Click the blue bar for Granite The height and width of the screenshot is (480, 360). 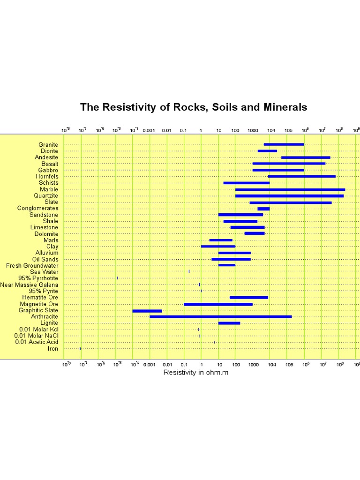[284, 144]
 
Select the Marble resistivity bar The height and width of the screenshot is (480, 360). [290, 189]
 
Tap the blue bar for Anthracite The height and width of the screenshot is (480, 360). [220, 317]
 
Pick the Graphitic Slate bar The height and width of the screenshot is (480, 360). [147, 310]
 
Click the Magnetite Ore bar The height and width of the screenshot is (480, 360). [218, 304]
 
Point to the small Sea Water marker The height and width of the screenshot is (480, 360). [189, 271]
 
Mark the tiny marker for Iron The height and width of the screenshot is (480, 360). [80, 349]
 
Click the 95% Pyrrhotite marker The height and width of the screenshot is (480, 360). [117, 278]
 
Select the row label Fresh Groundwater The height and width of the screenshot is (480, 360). [32, 265]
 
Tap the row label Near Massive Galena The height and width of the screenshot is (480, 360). [30, 285]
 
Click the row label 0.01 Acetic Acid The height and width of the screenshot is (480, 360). [37, 342]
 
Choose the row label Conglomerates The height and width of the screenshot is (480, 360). [38, 208]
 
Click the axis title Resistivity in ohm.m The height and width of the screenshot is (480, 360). [196, 373]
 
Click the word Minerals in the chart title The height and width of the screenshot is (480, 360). [285, 107]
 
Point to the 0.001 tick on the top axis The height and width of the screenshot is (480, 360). [149, 130]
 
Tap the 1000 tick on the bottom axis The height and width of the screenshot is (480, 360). [253, 364]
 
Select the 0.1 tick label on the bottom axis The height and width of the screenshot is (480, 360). [183, 364]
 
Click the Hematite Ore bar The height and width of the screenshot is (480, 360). [249, 298]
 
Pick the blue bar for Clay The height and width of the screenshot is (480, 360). [218, 247]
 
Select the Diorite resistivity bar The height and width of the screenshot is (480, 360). [267, 151]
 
